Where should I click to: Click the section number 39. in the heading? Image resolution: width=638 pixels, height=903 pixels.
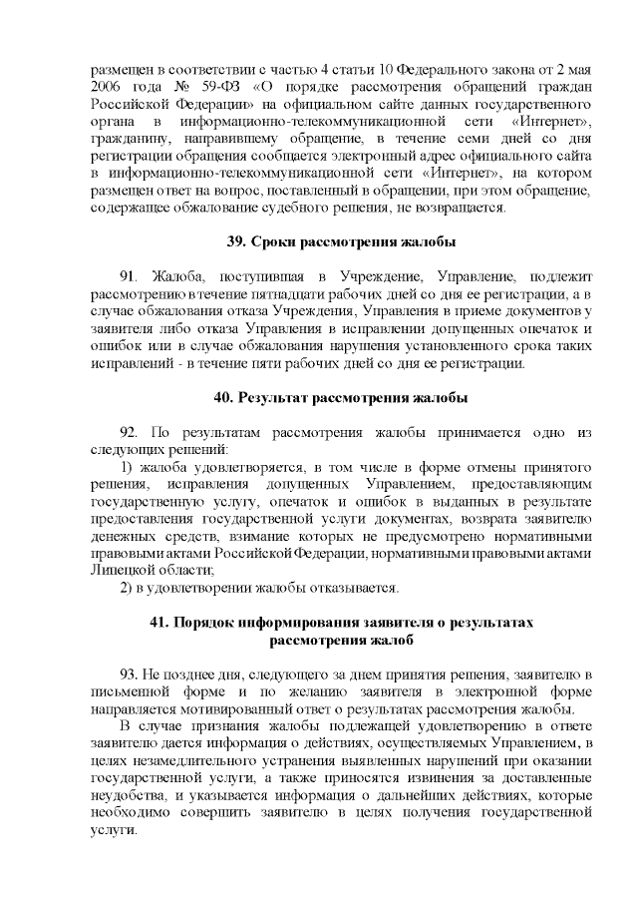click(x=237, y=242)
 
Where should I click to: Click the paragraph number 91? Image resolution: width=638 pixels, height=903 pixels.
click(x=128, y=274)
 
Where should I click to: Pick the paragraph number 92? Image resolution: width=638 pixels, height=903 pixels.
click(x=128, y=432)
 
